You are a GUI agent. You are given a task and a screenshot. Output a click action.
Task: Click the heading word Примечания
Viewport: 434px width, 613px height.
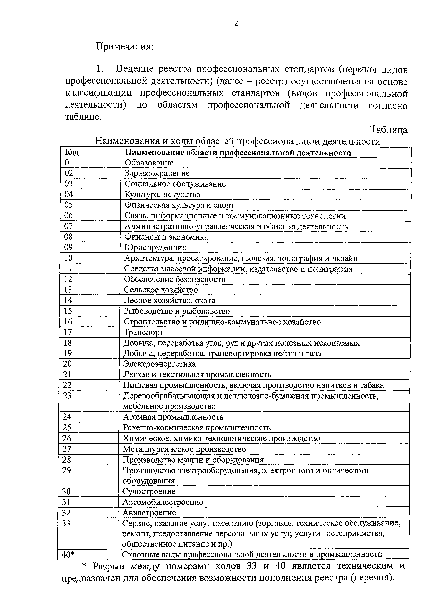pyautogui.click(x=125, y=46)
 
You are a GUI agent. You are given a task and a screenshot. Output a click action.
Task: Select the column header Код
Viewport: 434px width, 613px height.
pyautogui.click(x=72, y=152)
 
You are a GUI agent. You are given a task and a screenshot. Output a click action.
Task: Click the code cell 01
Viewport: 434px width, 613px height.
pyautogui.click(x=69, y=163)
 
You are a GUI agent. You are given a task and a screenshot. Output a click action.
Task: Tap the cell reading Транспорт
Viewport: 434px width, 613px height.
pyautogui.click(x=143, y=332)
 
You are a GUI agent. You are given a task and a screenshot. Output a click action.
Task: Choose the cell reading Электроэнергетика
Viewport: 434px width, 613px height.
pyautogui.click(x=159, y=364)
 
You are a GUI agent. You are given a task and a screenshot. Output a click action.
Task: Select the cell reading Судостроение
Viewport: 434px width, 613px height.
pyautogui.click(x=149, y=491)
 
